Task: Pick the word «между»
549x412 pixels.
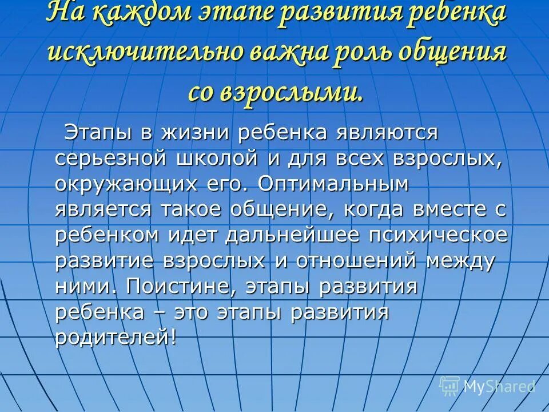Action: click(x=460, y=260)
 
